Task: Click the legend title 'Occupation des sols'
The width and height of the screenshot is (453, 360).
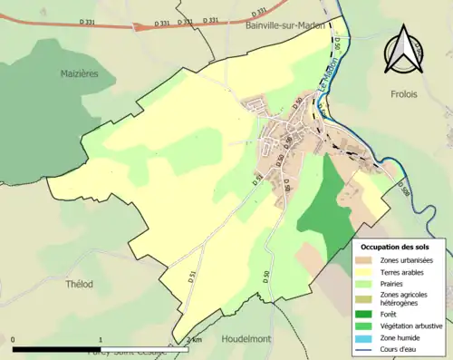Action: pyautogui.click(x=395, y=247)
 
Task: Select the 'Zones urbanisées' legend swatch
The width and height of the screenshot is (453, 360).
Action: pyautogui.click(x=368, y=260)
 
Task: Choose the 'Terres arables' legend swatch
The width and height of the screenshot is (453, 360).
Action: pyautogui.click(x=368, y=271)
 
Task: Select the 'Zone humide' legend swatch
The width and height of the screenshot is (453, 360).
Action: pyautogui.click(x=368, y=336)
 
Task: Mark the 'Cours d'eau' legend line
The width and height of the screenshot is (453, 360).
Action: pyautogui.click(x=368, y=346)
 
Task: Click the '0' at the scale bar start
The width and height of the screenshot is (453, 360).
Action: pyautogui.click(x=14, y=340)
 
